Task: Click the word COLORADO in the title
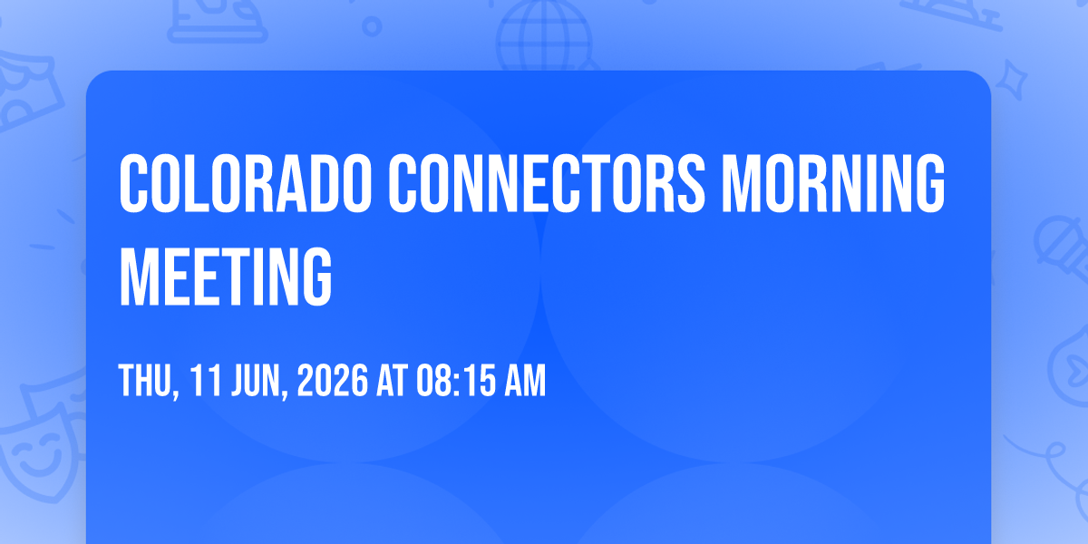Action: (x=246, y=183)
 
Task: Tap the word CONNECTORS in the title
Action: (x=547, y=183)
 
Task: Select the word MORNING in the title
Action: (x=833, y=183)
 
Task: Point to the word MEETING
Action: (x=226, y=277)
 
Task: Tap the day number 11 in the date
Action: (x=206, y=380)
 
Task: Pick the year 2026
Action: (x=333, y=380)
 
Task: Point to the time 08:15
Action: (x=456, y=380)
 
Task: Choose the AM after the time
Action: (x=526, y=380)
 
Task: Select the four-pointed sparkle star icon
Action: (x=1011, y=80)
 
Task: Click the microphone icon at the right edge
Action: (x=1062, y=248)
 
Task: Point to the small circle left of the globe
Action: (x=372, y=26)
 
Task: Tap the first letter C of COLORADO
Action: (x=133, y=183)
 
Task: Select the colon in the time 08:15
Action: (x=455, y=382)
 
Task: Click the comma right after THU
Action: (x=177, y=393)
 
